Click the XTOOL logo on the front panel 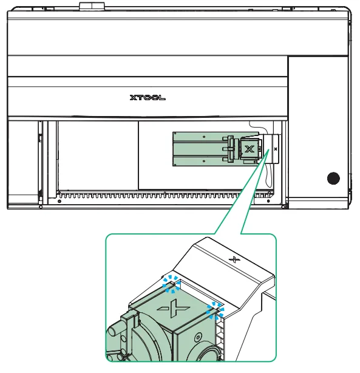pos(148,98)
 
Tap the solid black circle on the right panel pos(333,178)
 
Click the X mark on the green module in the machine pos(249,149)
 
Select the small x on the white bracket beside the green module pos(276,149)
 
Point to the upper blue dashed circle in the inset pos(171,284)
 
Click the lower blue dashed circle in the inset pos(215,311)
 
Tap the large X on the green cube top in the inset pos(174,308)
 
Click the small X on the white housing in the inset pos(234,259)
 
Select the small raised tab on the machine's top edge pos(92,6)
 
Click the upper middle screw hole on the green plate pos(204,137)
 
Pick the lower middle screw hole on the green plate pos(204,161)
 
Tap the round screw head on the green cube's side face pos(198,337)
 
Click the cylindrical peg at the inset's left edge pos(114,330)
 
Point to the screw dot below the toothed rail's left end pos(59,201)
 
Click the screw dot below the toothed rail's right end pos(268,201)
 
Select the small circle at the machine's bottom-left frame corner pos(41,207)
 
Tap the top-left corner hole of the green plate pos(175,134)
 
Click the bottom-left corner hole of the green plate pos(175,165)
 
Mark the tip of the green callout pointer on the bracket pos(269,149)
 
